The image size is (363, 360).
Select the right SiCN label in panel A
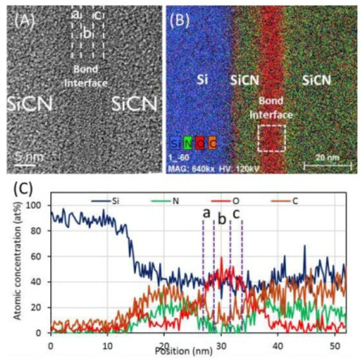134,104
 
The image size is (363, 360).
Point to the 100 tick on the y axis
38,206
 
